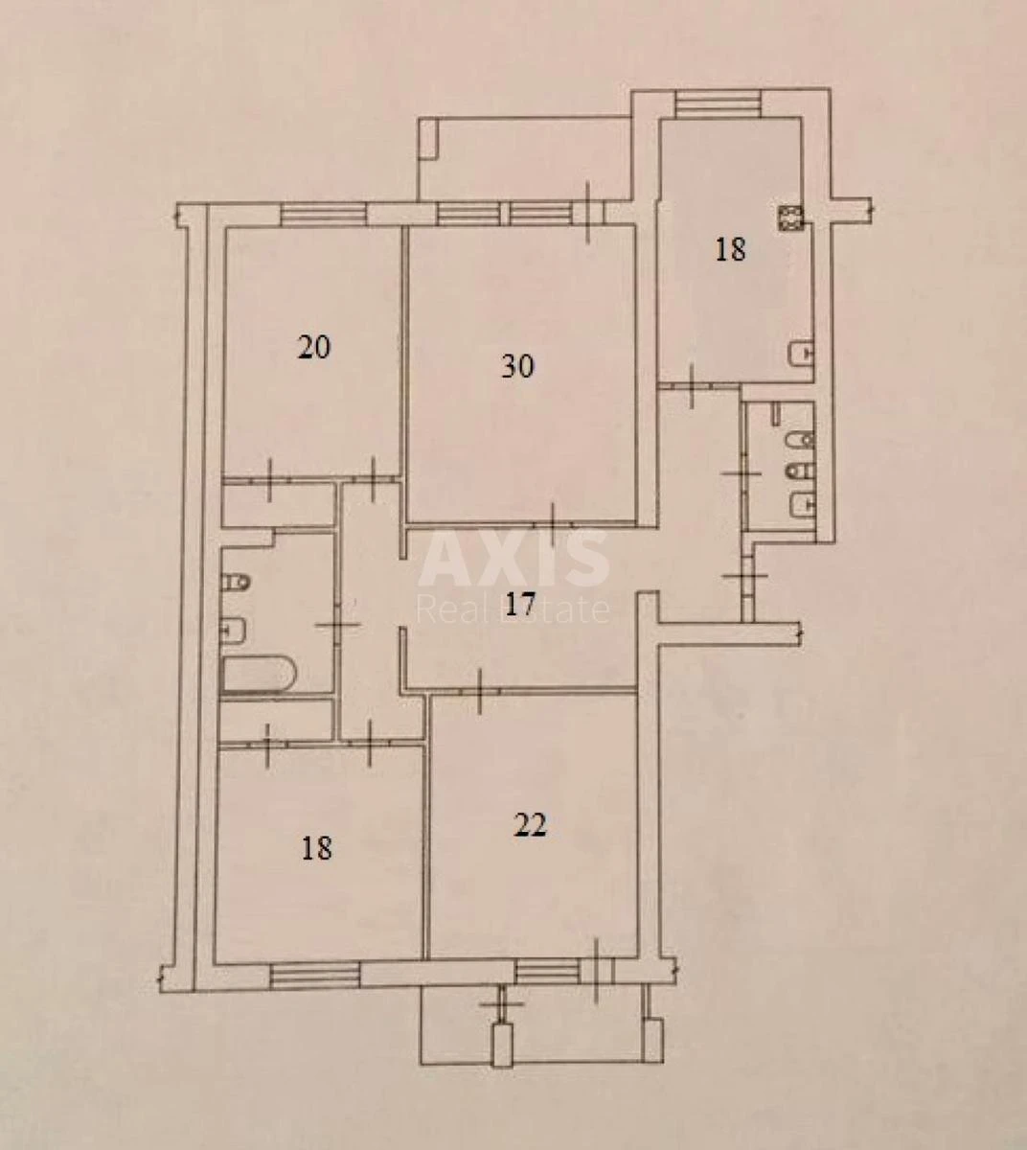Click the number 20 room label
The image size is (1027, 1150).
click(314, 347)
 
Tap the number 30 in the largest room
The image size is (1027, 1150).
click(517, 366)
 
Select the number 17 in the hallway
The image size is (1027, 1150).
click(518, 606)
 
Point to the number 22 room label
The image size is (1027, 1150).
click(530, 825)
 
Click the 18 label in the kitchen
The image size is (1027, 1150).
click(730, 250)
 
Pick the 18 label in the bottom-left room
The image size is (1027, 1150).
click(316, 848)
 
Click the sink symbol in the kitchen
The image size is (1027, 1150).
click(799, 354)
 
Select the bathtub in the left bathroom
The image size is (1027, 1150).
click(258, 673)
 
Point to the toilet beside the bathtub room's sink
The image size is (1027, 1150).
click(236, 582)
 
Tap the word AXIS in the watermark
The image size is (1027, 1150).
click(514, 558)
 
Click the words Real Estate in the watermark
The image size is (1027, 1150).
click(514, 609)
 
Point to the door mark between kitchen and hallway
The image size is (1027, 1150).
click(693, 383)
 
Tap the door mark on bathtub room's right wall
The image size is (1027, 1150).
click(336, 625)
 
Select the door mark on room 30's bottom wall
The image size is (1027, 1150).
click(553, 522)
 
